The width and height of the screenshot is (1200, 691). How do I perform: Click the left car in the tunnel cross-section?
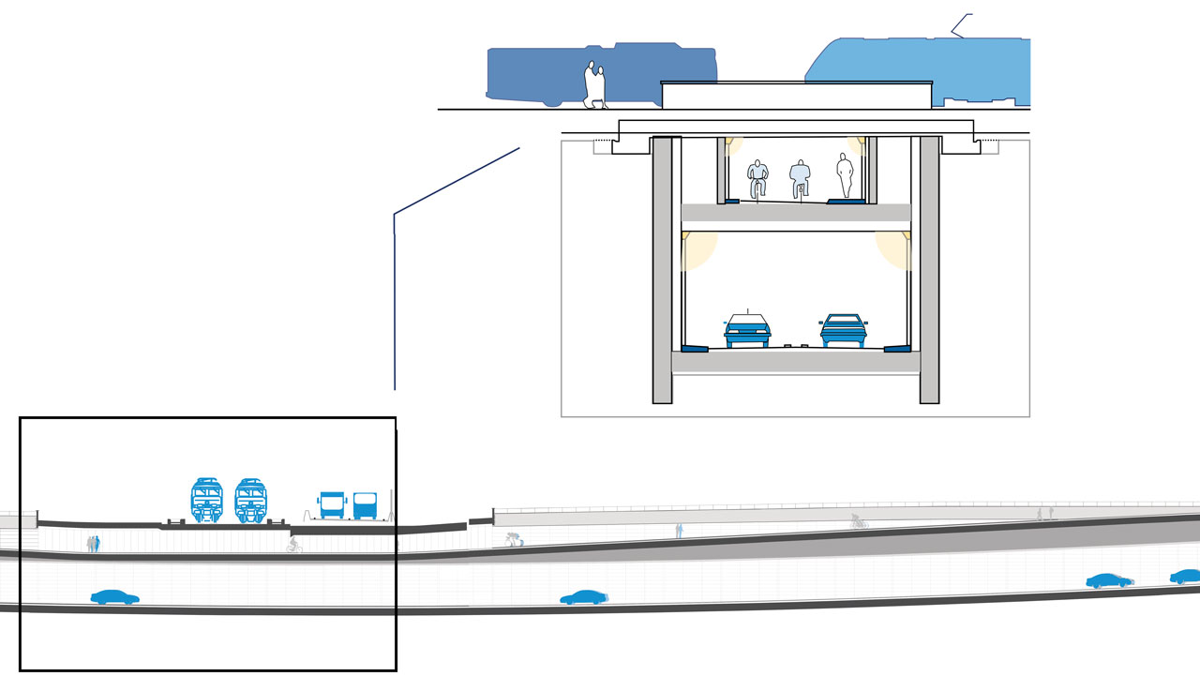pyautogui.click(x=747, y=330)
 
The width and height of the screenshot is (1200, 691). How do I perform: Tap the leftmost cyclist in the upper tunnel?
pyautogui.click(x=757, y=177)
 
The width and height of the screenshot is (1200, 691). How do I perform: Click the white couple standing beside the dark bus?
pyautogui.click(x=594, y=84)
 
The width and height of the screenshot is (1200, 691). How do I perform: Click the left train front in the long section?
pyautogui.click(x=206, y=499)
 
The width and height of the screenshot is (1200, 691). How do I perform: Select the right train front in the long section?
pyautogui.click(x=250, y=499)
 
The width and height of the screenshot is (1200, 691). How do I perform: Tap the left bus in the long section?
pyautogui.click(x=333, y=504)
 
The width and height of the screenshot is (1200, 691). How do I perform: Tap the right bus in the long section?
pyautogui.click(x=365, y=504)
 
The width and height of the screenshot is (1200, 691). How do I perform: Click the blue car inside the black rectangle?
pyautogui.click(x=114, y=597)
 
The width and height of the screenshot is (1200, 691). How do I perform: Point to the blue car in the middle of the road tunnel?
pyautogui.click(x=583, y=597)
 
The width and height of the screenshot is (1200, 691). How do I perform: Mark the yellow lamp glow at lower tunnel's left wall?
pyautogui.click(x=697, y=248)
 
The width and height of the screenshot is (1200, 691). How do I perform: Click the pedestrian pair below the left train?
pyautogui.click(x=93, y=544)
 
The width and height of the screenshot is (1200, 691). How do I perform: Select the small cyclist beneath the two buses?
pyautogui.click(x=294, y=545)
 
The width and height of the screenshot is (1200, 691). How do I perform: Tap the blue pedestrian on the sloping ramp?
pyautogui.click(x=680, y=531)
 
